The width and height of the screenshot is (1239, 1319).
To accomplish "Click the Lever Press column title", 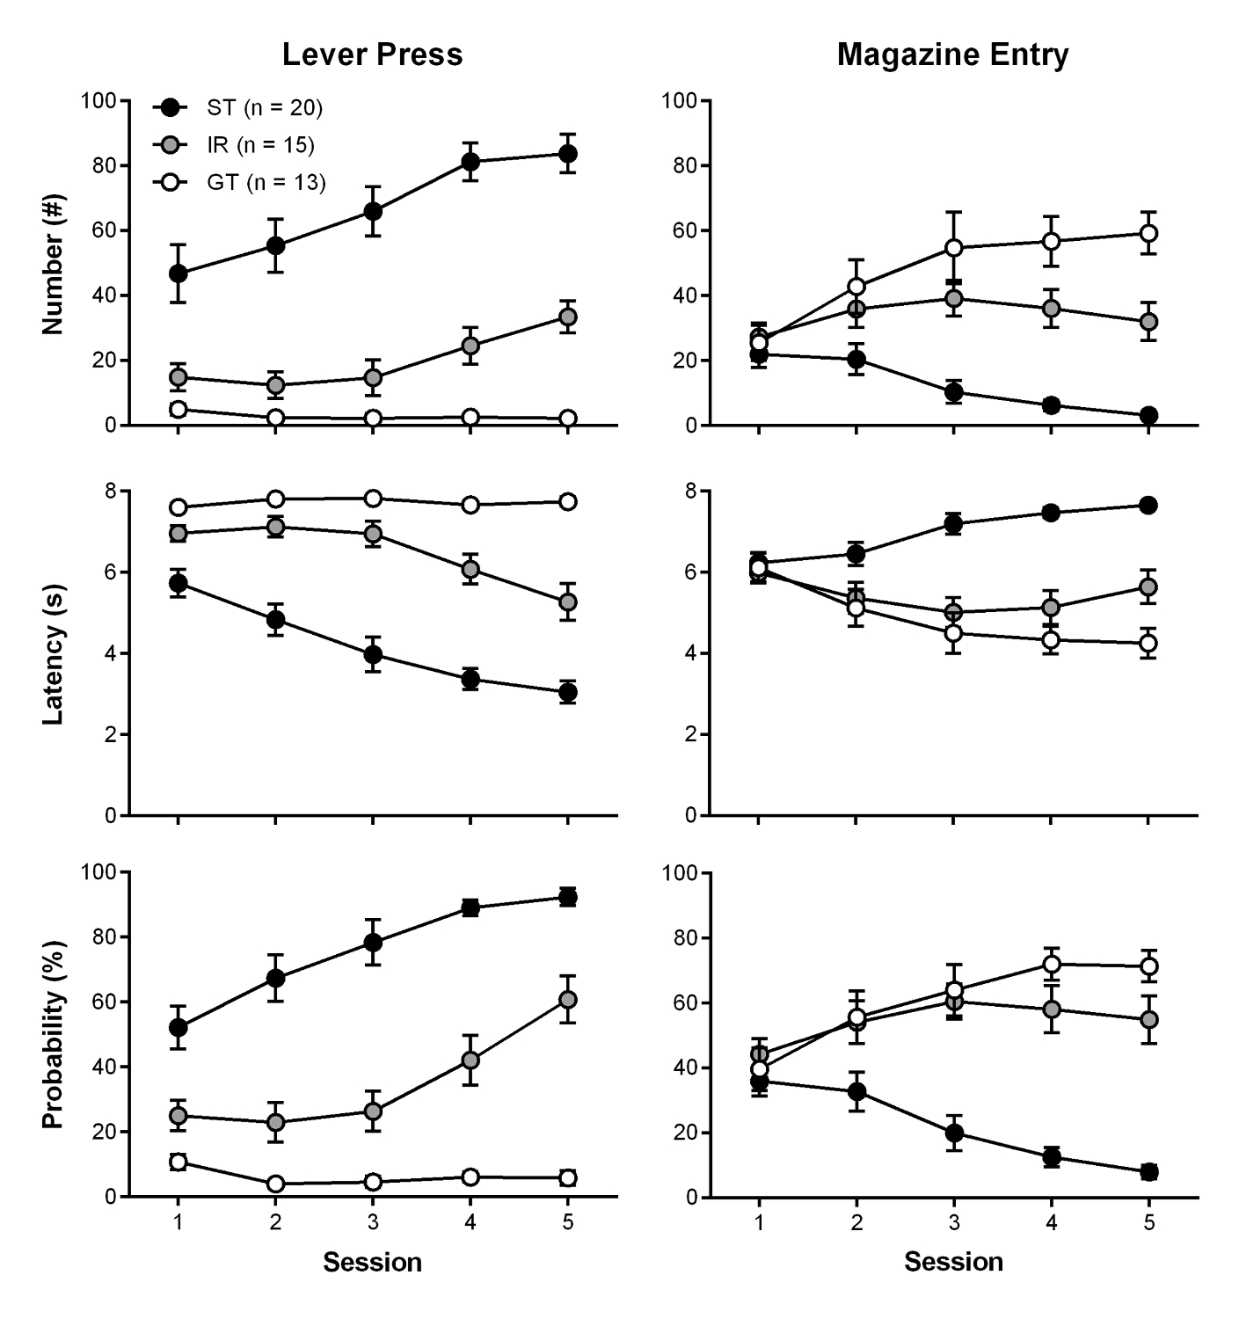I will click(372, 55).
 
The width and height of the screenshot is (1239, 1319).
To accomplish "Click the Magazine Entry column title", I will click(952, 55).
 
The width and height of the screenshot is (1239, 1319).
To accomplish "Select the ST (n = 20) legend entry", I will click(264, 107).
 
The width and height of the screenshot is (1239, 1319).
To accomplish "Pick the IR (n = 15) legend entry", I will click(260, 145).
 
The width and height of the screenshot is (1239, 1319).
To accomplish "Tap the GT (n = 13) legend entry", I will click(266, 183).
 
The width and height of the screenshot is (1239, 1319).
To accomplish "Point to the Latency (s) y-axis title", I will click(54, 652).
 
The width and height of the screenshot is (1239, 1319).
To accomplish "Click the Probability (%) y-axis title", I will click(54, 1034).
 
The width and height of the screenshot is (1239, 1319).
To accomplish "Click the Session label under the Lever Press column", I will click(372, 1263).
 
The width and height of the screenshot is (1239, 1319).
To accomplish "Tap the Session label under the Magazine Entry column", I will click(953, 1263).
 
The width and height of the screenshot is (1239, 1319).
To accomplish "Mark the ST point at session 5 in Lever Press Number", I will click(567, 154).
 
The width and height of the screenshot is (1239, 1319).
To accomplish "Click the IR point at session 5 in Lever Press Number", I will click(567, 317).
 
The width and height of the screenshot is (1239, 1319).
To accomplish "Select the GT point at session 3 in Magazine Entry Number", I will click(953, 248).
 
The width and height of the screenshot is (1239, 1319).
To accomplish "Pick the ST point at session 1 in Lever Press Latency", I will click(179, 583).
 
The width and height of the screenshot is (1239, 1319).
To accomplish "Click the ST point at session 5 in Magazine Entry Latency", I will click(1148, 505).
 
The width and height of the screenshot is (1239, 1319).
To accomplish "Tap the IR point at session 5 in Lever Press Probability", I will click(567, 1000).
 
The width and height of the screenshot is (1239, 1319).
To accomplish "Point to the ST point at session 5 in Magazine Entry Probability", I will click(1148, 1172).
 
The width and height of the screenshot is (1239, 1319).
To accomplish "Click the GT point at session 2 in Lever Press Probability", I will click(276, 1184).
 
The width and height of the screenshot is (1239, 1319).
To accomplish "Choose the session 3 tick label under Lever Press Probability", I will click(373, 1221).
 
